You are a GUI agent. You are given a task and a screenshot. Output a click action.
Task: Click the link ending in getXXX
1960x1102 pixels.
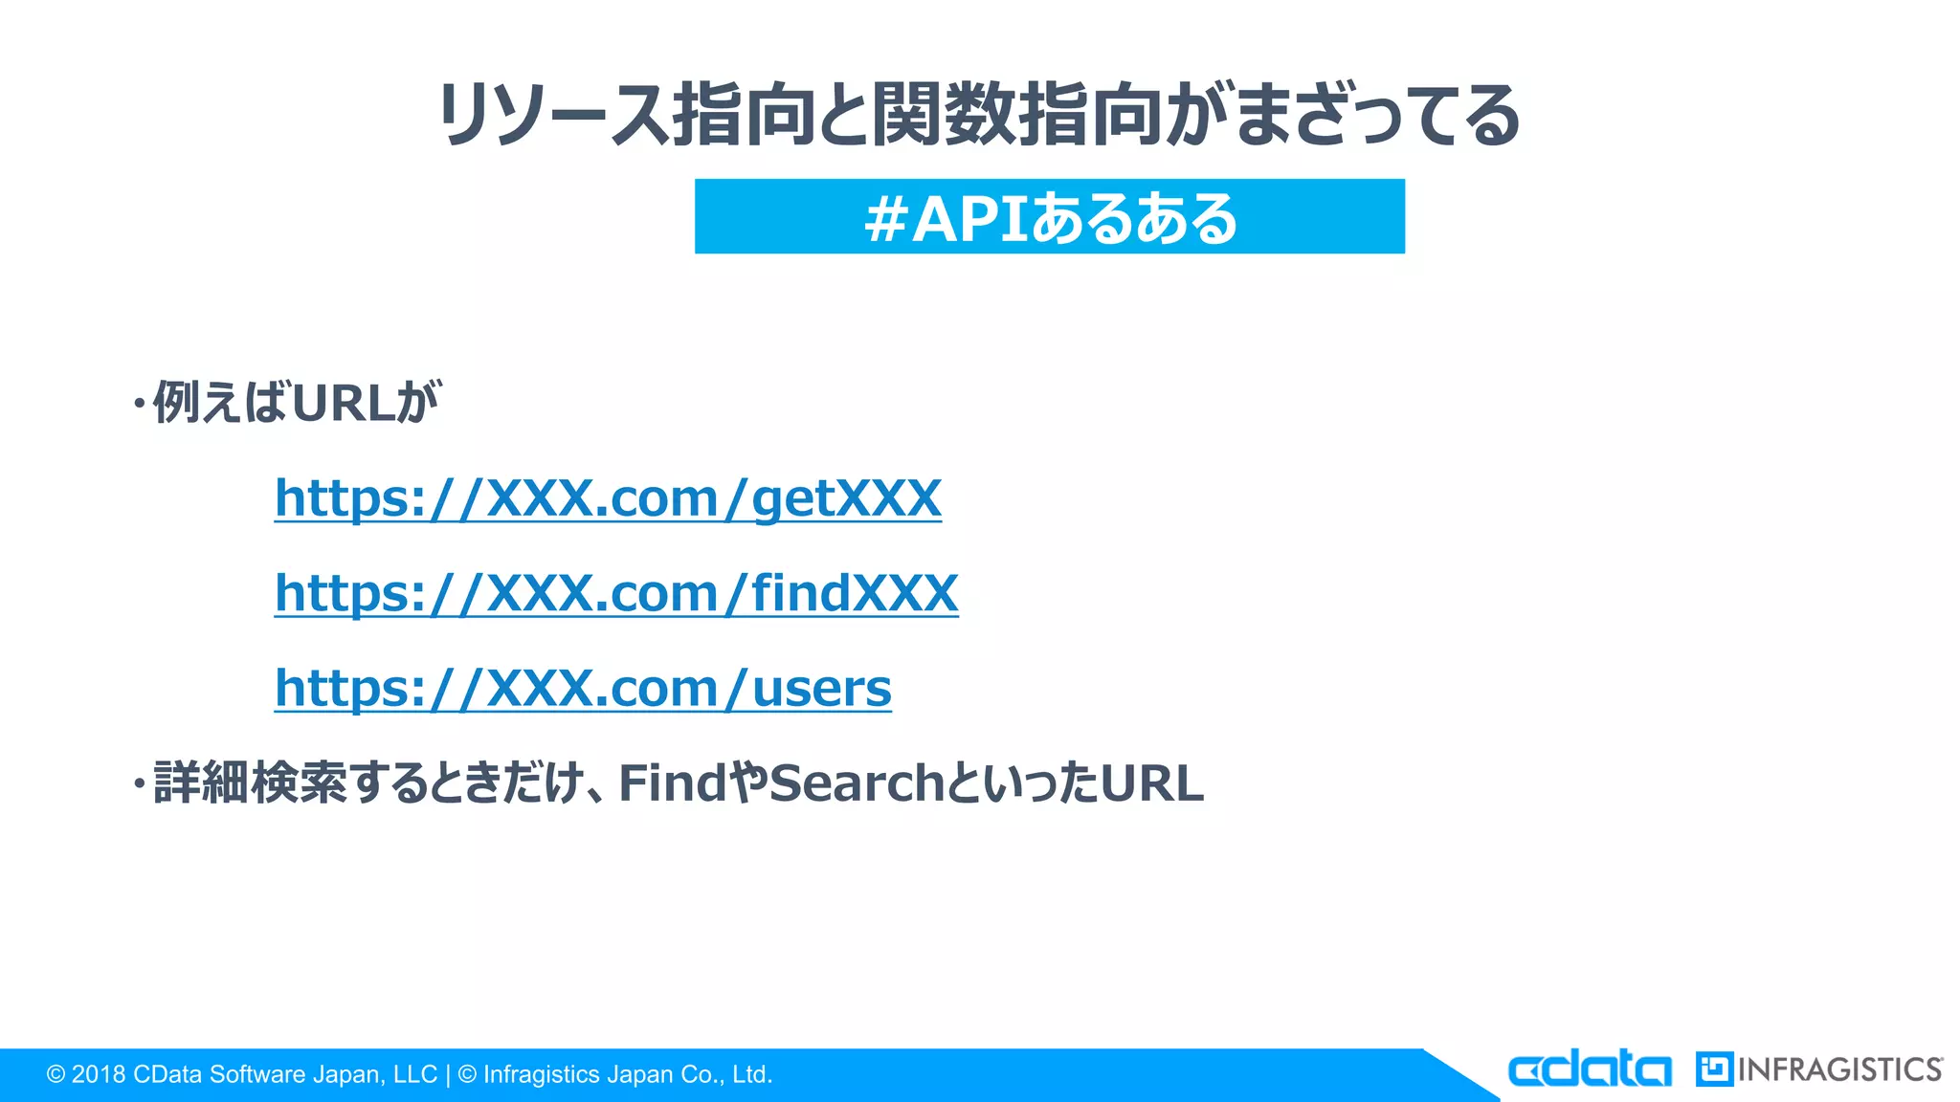click(x=608, y=498)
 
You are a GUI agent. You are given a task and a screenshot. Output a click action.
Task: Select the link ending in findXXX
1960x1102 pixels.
click(x=616, y=593)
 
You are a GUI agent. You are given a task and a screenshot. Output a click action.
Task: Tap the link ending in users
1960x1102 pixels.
click(x=583, y=688)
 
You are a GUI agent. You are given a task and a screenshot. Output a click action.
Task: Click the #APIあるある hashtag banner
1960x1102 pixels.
click(x=1049, y=217)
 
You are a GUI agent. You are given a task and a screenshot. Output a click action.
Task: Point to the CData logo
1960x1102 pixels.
click(x=1589, y=1069)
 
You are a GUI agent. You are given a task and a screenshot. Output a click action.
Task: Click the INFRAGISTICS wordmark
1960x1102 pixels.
click(x=1839, y=1069)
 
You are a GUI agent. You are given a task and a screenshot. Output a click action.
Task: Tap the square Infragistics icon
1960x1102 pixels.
click(x=1714, y=1069)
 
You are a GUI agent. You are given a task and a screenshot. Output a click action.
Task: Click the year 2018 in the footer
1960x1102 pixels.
click(x=99, y=1075)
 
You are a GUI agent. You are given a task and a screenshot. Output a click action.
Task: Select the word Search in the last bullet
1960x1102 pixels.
click(x=857, y=783)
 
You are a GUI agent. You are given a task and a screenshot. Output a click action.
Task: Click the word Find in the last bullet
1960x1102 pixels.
click(x=673, y=783)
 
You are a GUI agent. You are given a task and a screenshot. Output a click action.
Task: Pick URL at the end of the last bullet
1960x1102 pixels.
click(x=1151, y=783)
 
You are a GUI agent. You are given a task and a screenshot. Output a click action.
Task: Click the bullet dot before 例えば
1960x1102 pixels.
click(x=140, y=404)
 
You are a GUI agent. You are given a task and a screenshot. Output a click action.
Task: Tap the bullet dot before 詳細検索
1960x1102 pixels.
click(x=140, y=785)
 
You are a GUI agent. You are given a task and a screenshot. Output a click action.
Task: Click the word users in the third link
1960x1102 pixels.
click(x=821, y=688)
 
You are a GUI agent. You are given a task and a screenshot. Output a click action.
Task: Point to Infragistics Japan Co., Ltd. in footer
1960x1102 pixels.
click(x=627, y=1075)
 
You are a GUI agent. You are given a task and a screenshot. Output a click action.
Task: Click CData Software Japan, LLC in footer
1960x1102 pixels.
click(x=284, y=1075)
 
